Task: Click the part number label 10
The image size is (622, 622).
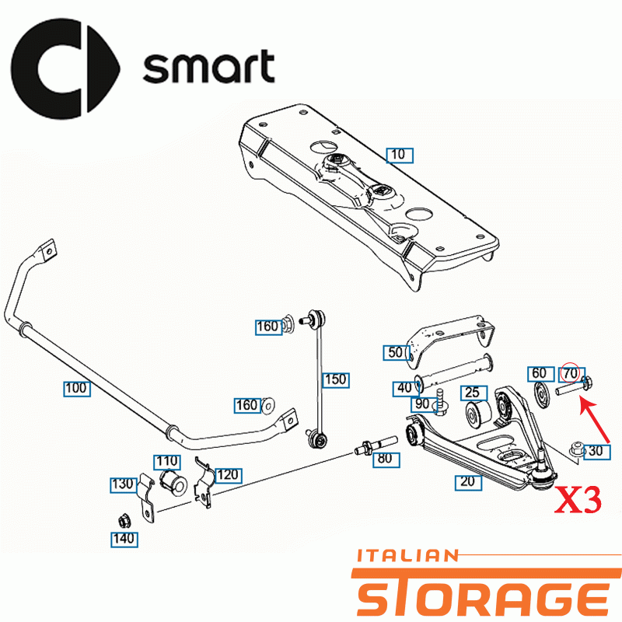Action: coord(400,155)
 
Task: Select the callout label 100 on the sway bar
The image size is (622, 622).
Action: coord(77,388)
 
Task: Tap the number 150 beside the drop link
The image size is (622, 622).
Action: coord(336,380)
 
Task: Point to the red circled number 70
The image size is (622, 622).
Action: coord(571,373)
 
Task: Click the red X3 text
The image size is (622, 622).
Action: coord(578,499)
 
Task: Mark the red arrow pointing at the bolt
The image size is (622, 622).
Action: coord(595,421)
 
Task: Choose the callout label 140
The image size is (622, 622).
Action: coord(124,540)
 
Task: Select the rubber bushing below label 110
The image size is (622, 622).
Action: coord(173,482)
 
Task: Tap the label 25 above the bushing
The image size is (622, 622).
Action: coord(473,393)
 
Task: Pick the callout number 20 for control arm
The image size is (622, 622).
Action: coord(468,482)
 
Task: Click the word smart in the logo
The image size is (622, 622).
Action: coord(208,66)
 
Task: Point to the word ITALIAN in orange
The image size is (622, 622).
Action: coord(407,556)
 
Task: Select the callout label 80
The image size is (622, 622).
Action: coord(386,459)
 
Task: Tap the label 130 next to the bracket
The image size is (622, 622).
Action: coord(124,484)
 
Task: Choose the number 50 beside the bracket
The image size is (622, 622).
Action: coord(397,353)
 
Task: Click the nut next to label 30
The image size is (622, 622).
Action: coord(576,450)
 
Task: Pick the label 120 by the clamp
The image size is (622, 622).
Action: coord(228,475)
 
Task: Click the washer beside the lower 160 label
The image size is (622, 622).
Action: coord(268,406)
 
